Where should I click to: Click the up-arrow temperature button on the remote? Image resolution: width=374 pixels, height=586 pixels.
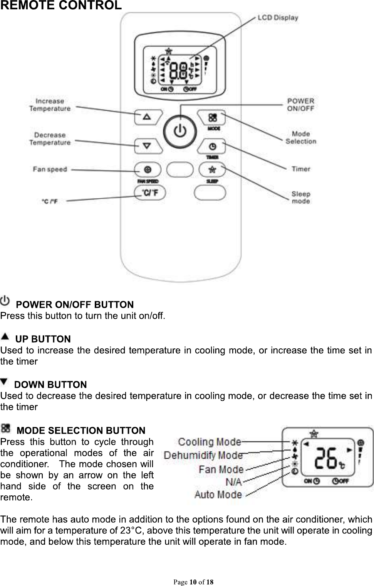(x=147, y=117)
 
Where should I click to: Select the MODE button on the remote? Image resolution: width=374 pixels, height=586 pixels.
(x=212, y=117)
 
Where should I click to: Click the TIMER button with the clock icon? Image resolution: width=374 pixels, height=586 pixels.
(x=212, y=147)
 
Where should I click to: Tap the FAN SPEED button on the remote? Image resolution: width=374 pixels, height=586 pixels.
(x=148, y=169)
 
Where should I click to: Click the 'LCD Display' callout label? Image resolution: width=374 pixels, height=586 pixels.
(x=277, y=17)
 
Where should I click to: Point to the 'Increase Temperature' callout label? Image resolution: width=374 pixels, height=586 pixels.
(x=50, y=105)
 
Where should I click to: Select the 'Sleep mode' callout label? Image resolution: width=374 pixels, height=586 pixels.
(x=301, y=197)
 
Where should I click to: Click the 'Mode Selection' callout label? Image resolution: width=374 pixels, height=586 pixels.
(x=300, y=137)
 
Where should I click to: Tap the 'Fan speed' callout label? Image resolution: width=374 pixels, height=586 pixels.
(x=50, y=169)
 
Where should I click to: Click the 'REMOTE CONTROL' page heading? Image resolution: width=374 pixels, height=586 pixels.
(x=61, y=5)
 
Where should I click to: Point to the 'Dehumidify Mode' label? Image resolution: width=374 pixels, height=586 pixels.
(x=203, y=455)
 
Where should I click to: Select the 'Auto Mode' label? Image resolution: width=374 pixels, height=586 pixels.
(x=218, y=494)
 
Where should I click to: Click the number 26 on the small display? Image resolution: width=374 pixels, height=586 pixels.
(x=326, y=458)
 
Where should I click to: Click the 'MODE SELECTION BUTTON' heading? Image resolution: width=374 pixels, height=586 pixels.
(x=81, y=431)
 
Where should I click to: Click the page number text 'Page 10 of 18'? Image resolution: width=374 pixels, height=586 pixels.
(x=193, y=582)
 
